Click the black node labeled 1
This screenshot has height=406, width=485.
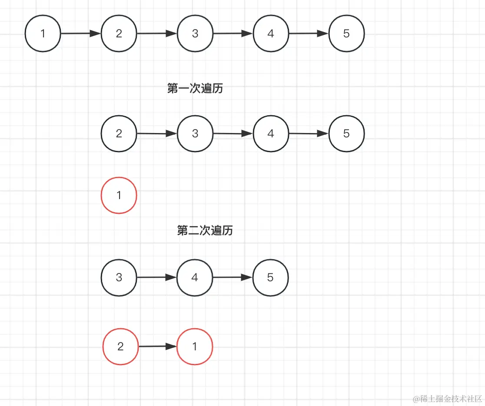pyautogui.click(x=43, y=34)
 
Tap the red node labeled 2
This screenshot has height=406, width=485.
pyautogui.click(x=120, y=346)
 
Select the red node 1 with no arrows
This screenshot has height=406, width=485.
pyautogui.click(x=119, y=195)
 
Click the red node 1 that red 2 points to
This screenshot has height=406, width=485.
pyautogui.click(x=195, y=346)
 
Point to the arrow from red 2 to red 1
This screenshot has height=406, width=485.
pyautogui.click(x=158, y=346)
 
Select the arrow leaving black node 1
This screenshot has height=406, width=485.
pyautogui.click(x=81, y=34)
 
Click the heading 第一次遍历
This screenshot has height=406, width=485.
pyautogui.click(x=195, y=89)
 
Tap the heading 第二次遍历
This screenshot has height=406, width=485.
pyautogui.click(x=205, y=230)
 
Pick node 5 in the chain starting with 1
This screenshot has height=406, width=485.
pyautogui.click(x=346, y=34)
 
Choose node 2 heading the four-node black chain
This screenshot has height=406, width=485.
pyautogui.click(x=119, y=133)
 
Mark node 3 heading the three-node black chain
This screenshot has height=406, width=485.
pyautogui.click(x=119, y=277)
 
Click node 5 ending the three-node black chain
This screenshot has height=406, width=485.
pyautogui.click(x=270, y=277)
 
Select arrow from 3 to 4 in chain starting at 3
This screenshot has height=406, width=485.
pyautogui.click(x=157, y=277)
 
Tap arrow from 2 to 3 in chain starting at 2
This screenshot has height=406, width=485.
pyautogui.click(x=157, y=134)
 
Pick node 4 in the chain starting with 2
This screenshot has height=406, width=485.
pyautogui.click(x=270, y=133)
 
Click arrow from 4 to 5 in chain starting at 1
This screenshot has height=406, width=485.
pyautogui.click(x=309, y=34)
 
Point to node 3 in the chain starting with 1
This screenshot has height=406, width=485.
pyautogui.click(x=195, y=34)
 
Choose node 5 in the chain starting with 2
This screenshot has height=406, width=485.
pyautogui.click(x=346, y=133)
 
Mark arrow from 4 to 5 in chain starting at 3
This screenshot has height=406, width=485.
pyautogui.click(x=233, y=277)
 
